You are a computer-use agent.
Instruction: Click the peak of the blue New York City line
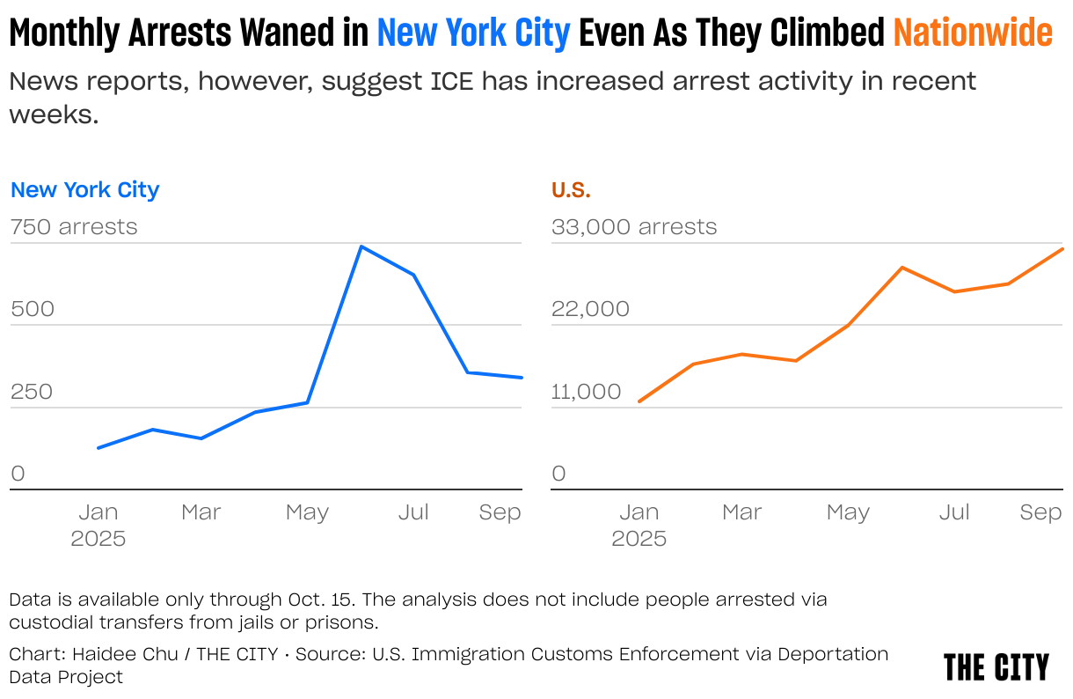(361, 246)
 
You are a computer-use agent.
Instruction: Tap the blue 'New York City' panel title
(84, 190)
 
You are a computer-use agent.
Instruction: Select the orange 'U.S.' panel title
(571, 190)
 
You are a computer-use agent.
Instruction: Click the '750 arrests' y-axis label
(74, 227)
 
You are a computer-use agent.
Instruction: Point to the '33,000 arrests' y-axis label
(634, 227)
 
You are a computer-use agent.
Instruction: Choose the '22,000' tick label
(590, 309)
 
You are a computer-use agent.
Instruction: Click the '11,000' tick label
(586, 392)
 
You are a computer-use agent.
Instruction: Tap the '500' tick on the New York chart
(33, 309)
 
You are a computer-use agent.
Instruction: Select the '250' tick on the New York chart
(32, 392)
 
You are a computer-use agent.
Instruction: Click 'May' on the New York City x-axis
(307, 512)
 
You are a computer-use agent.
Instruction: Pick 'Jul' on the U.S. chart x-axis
(954, 512)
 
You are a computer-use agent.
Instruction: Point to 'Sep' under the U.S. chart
(1040, 512)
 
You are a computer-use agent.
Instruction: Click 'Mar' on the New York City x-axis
(201, 512)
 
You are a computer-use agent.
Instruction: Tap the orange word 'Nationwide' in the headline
(973, 33)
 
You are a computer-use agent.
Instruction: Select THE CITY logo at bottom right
(996, 667)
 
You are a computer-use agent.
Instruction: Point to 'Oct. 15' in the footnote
(319, 600)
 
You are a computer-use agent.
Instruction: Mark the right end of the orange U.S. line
(1062, 249)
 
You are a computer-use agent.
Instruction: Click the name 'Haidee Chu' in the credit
(125, 654)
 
